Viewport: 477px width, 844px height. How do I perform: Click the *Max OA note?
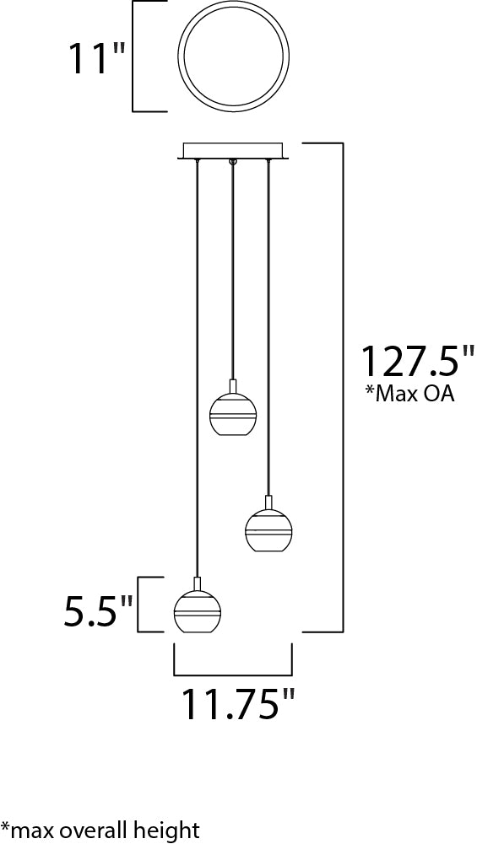pyautogui.click(x=410, y=394)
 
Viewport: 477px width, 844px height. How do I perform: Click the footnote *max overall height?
pyautogui.click(x=100, y=830)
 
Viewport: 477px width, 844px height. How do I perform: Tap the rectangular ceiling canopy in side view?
pyautogui.click(x=233, y=151)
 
